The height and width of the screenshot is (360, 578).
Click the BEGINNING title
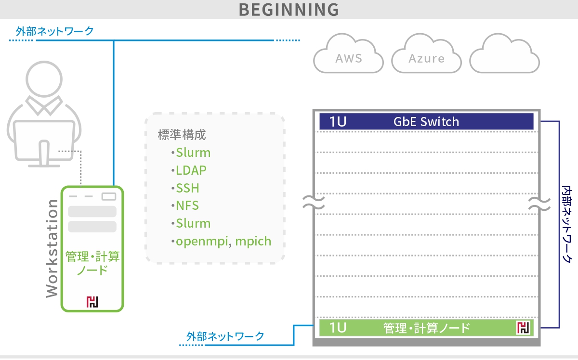tap(289, 10)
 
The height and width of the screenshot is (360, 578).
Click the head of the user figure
tap(44, 79)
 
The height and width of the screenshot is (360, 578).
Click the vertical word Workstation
tap(52, 249)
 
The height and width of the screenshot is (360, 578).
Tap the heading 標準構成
tap(182, 135)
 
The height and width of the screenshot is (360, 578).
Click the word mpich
tap(253, 242)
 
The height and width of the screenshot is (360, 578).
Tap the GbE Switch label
tap(426, 122)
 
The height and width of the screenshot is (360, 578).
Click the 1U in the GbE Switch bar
tap(338, 122)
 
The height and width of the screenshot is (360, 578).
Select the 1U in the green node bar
tap(338, 328)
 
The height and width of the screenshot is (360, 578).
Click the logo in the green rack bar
tap(523, 327)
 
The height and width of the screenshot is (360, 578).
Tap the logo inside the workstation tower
tap(92, 302)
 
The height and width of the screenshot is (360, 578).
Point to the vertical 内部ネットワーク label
tap(567, 224)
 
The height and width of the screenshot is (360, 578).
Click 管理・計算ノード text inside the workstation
tap(92, 263)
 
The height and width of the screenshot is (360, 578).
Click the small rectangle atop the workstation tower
tap(109, 196)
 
